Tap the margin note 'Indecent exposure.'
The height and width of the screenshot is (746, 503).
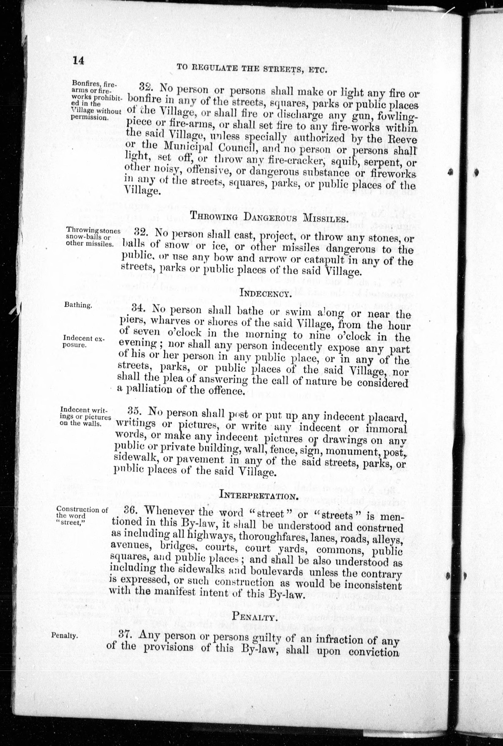[x=83, y=341]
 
